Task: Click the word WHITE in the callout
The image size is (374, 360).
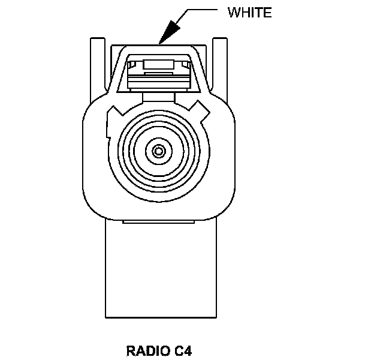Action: [x=249, y=13]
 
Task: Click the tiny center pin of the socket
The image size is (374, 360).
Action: [x=159, y=150]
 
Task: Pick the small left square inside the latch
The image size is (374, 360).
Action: [x=135, y=64]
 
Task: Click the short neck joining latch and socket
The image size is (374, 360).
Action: [x=159, y=96]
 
